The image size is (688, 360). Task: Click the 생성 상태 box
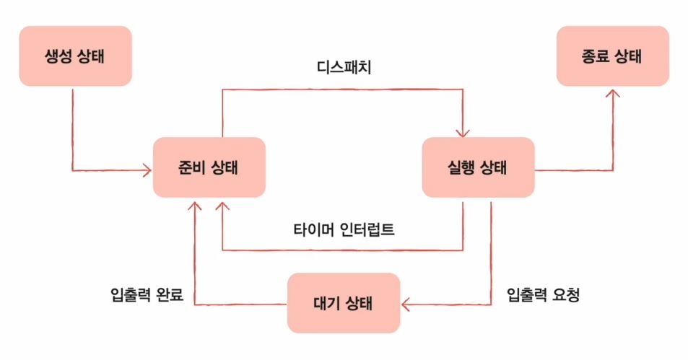tap(75, 56)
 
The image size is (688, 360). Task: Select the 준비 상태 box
tap(209, 167)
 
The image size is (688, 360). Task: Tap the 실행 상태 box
tap(478, 167)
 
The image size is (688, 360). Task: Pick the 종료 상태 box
tap(613, 56)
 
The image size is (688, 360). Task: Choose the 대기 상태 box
tap(344, 302)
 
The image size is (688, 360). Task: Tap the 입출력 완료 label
tap(148, 295)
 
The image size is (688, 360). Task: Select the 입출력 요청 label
tap(544, 295)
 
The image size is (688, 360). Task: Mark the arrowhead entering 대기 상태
tap(406, 304)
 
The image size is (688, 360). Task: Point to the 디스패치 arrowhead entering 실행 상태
tap(463, 131)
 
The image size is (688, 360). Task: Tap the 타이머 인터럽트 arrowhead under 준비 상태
tap(222, 206)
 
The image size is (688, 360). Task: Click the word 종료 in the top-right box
tap(596, 56)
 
